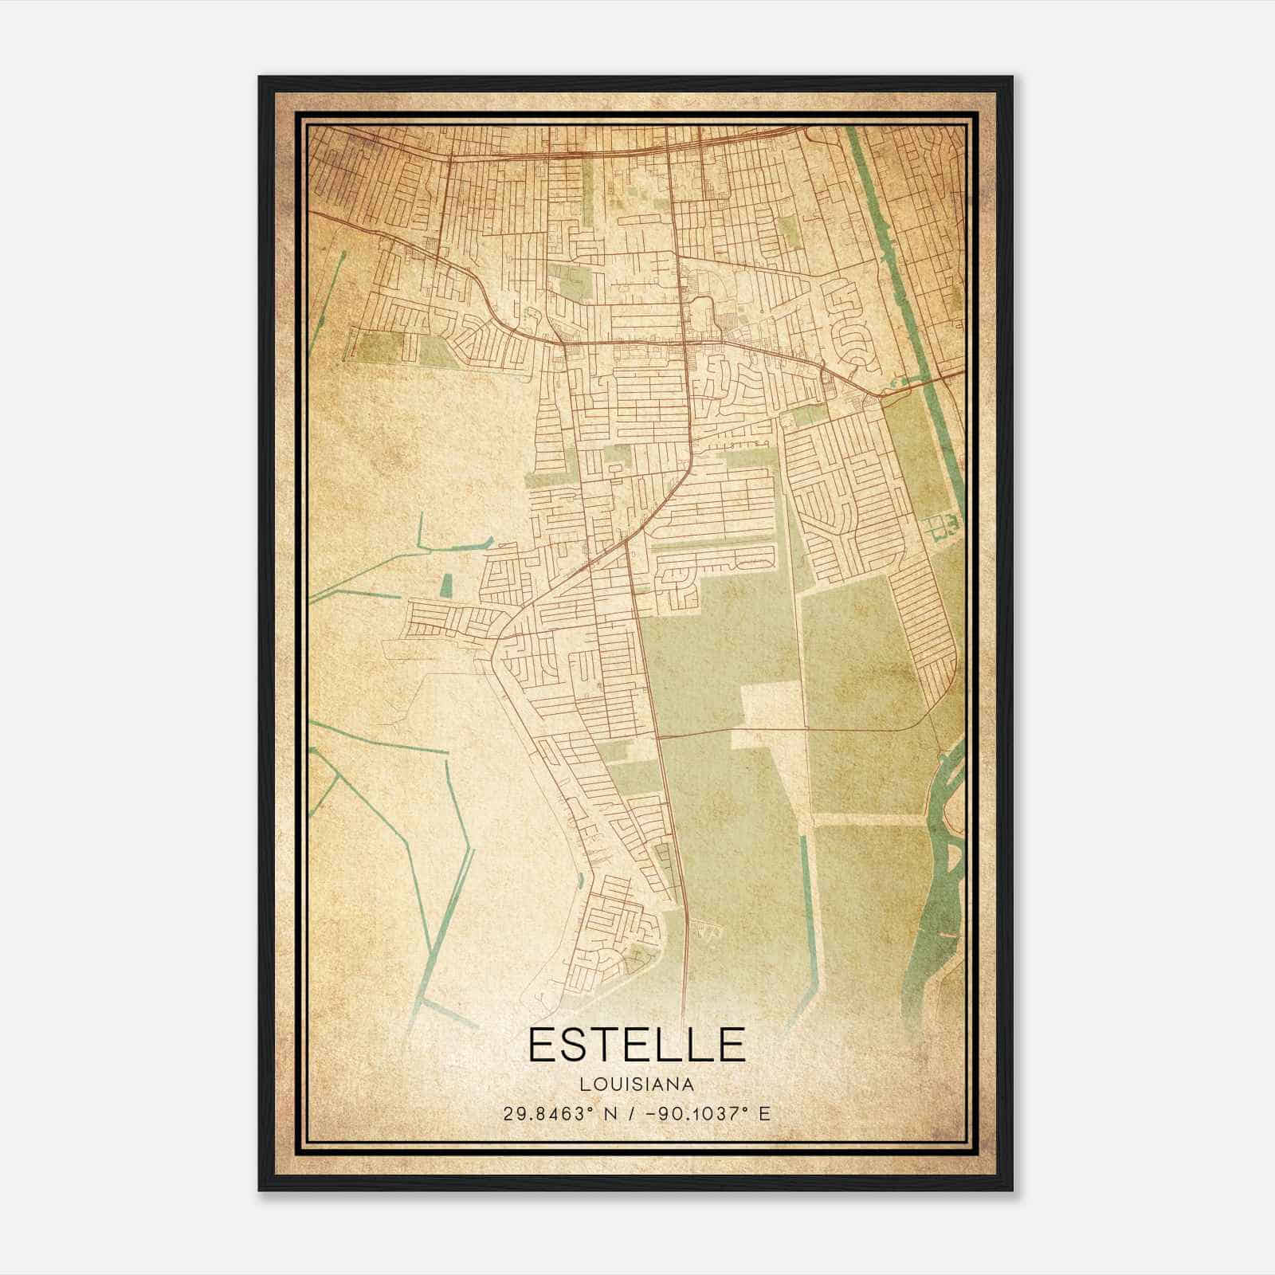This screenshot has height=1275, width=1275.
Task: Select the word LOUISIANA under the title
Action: [636, 1085]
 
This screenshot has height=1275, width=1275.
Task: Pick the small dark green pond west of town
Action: [445, 586]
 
